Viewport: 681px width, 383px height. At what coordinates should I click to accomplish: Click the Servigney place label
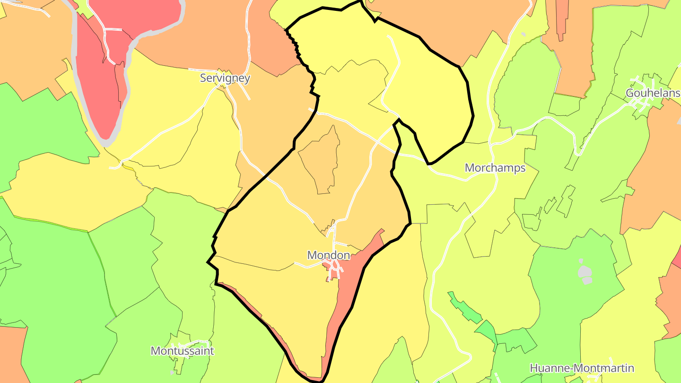(x=225, y=78)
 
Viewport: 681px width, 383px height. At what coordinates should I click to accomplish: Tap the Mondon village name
(x=329, y=255)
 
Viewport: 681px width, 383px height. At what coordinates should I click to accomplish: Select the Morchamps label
(x=495, y=168)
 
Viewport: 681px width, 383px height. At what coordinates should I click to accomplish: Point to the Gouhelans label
(x=653, y=93)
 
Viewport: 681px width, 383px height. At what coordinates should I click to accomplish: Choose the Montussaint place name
(x=182, y=351)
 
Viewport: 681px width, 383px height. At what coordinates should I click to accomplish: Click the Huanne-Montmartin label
(x=582, y=368)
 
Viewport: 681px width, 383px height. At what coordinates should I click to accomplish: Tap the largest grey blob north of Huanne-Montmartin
(x=585, y=271)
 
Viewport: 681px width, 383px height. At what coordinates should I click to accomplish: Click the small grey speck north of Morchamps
(x=524, y=34)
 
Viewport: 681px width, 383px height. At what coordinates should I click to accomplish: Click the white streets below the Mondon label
(x=336, y=270)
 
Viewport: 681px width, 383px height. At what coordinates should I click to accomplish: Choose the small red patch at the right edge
(x=678, y=258)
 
